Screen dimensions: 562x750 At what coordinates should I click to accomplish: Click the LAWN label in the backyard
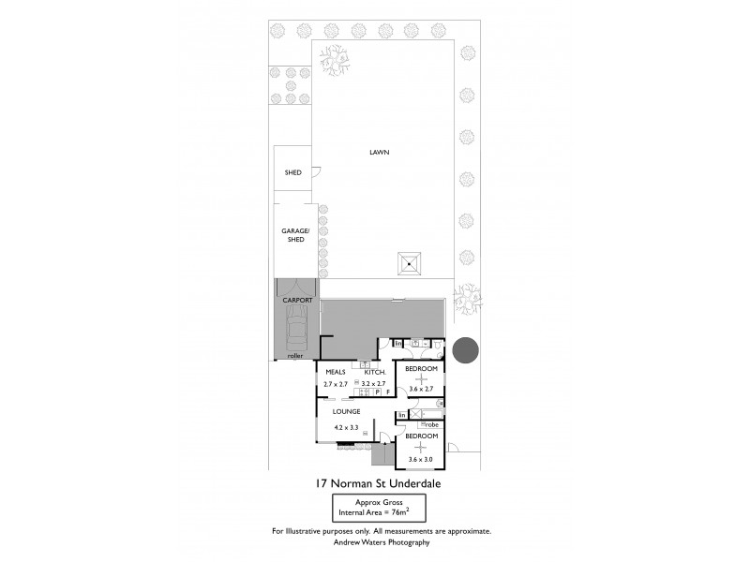click(x=379, y=152)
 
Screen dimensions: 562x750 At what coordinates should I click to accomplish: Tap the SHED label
click(x=292, y=172)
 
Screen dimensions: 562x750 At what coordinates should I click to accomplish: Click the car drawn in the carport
click(x=296, y=329)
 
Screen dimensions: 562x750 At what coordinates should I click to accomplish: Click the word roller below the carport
click(x=295, y=356)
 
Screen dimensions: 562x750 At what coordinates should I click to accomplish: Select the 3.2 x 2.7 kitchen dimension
click(x=373, y=384)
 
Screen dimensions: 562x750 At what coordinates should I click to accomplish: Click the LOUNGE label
click(x=347, y=411)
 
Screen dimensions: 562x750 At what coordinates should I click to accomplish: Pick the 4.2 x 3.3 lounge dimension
click(x=347, y=428)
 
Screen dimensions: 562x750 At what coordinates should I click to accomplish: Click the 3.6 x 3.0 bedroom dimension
click(x=421, y=458)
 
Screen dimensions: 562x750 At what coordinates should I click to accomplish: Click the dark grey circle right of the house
click(x=465, y=350)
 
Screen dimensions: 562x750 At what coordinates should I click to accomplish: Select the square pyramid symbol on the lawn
click(x=410, y=263)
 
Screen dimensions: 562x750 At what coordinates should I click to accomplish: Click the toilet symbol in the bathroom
click(x=437, y=346)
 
